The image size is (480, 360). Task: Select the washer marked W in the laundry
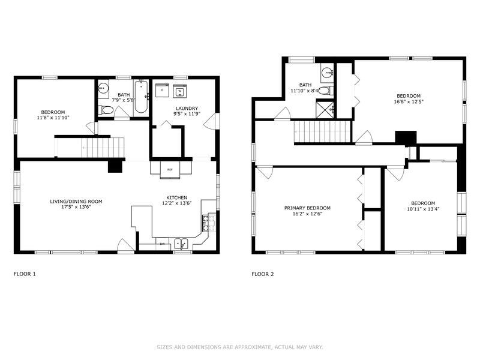click(x=180, y=91)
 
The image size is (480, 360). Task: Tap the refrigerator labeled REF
click(x=169, y=170)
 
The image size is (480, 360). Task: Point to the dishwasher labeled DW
click(x=163, y=244)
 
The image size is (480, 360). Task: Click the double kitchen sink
click(x=181, y=244)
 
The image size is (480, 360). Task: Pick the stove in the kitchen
click(x=208, y=223)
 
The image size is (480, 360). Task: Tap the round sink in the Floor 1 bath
click(x=103, y=88)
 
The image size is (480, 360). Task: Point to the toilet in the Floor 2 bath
click(x=324, y=91)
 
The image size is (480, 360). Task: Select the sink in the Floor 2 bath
click(x=327, y=74)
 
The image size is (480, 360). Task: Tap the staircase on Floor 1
click(x=102, y=146)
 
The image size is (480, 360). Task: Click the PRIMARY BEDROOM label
click(x=307, y=208)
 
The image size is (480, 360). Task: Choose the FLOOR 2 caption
click(x=262, y=274)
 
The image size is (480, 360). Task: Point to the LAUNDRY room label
click(x=186, y=108)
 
